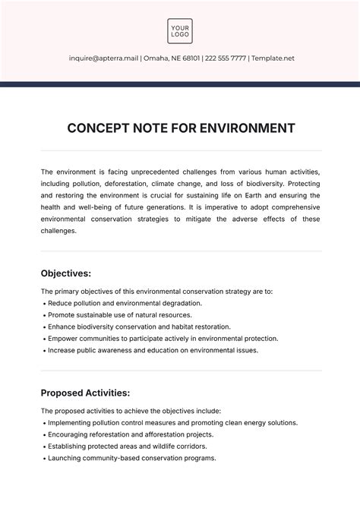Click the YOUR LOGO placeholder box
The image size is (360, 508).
click(180, 31)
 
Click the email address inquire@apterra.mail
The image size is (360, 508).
click(103, 58)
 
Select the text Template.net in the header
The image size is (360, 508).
click(273, 58)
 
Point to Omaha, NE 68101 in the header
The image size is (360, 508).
click(167, 58)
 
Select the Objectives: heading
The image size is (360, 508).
click(66, 273)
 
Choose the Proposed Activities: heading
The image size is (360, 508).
click(85, 393)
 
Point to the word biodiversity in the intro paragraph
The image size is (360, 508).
click(279, 184)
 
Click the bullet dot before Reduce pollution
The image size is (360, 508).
click(43, 303)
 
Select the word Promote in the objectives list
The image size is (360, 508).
click(62, 314)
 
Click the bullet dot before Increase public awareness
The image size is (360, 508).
click(43, 351)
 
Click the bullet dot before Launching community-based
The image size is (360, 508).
click(43, 458)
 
